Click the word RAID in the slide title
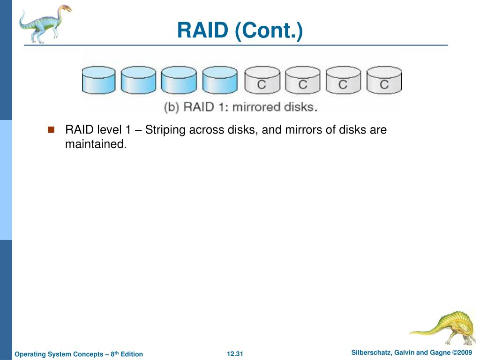202,31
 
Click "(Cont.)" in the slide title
269,31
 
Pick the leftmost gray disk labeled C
262,80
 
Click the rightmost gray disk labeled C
384,80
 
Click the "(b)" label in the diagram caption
172,107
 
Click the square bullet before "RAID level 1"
52,129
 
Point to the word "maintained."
96,144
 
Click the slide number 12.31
235,354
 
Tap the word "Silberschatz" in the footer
370,352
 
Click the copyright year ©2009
462,352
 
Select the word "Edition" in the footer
132,354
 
